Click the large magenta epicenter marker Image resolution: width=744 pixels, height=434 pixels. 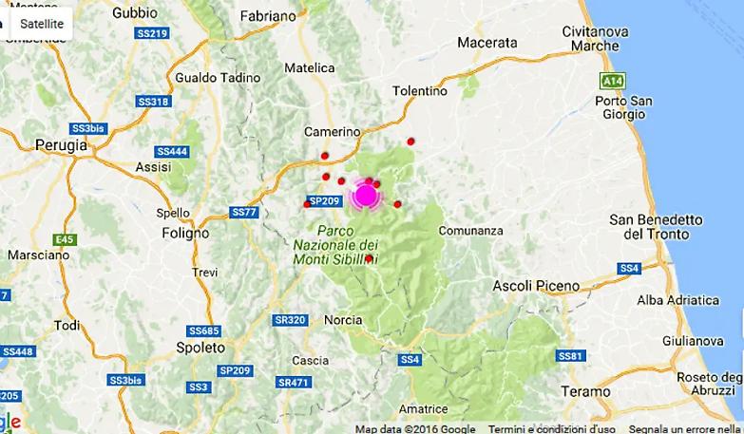(x=366, y=196)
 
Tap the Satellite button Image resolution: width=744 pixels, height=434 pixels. (x=41, y=23)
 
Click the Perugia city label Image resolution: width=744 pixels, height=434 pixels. (x=60, y=145)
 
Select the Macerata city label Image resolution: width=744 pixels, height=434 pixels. (x=486, y=42)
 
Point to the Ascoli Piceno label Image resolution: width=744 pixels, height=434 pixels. (x=536, y=285)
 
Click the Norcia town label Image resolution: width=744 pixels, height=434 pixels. (x=343, y=320)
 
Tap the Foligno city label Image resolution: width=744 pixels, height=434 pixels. (x=185, y=232)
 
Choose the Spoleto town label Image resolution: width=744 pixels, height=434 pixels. (x=200, y=348)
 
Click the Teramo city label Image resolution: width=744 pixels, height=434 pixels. (x=585, y=390)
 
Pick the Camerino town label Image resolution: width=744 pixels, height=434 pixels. (x=332, y=131)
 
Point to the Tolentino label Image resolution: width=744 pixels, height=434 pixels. (x=419, y=91)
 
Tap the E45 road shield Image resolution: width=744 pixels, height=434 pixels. (x=65, y=238)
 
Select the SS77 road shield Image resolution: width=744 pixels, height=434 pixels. (x=243, y=212)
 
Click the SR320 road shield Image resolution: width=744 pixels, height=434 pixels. (x=289, y=320)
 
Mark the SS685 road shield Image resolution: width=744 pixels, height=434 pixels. (x=203, y=330)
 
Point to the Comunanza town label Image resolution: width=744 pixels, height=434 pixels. (x=471, y=230)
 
